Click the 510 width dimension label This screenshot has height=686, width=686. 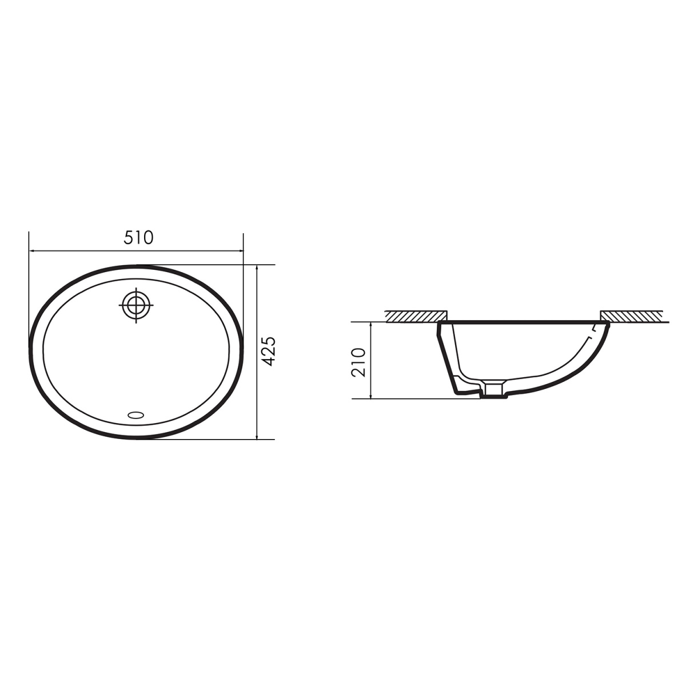click(x=138, y=237)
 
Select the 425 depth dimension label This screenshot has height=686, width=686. click(x=269, y=351)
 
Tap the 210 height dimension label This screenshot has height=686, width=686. click(x=358, y=362)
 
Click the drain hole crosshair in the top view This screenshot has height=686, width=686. click(x=137, y=305)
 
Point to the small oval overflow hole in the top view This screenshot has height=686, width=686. click(x=136, y=414)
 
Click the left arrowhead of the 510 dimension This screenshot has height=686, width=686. click(x=32, y=251)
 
